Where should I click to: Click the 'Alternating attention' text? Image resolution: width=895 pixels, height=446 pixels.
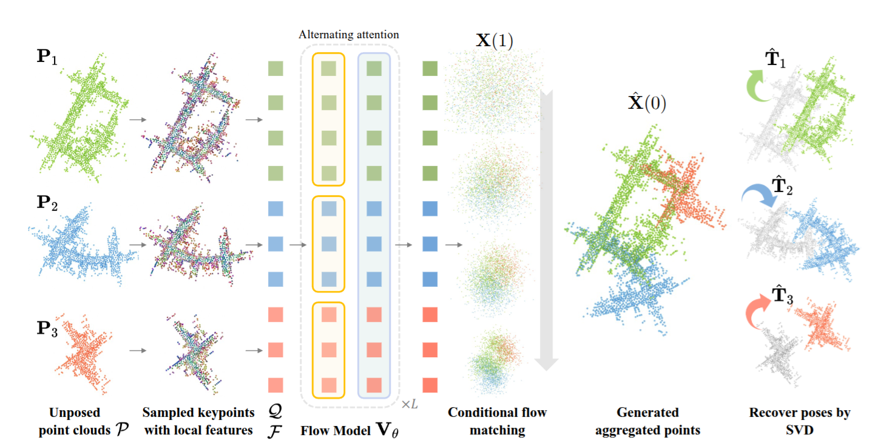(349, 35)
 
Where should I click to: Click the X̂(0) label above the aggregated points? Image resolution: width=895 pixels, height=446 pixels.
(646, 103)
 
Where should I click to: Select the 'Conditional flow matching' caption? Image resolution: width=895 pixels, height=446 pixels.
(497, 421)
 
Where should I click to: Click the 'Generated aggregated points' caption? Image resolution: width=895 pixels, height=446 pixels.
(647, 421)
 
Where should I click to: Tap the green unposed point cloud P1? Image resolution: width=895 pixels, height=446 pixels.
(79, 118)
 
